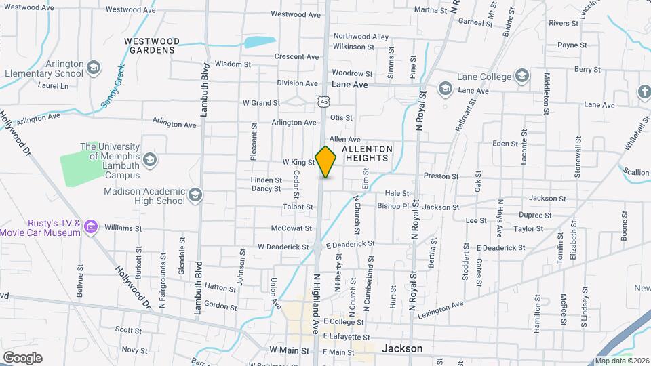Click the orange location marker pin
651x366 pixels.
coord(326,161)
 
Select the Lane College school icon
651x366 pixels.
coord(521,75)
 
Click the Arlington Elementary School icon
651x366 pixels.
coord(93,67)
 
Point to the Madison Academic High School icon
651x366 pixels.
coord(195,195)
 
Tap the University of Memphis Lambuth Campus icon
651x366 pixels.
coord(149,160)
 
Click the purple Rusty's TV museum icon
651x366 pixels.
coord(92,226)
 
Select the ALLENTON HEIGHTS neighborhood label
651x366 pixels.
coord(367,153)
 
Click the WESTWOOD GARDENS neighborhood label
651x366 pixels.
coord(150,45)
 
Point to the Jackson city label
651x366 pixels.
coord(402,348)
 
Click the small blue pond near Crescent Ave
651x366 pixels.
coord(260,41)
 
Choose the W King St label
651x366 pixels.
coord(298,163)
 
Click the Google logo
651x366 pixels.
coord(22,357)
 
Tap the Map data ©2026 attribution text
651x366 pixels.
coord(622,361)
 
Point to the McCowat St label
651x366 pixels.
coord(291,228)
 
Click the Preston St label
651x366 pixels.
coord(441,176)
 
